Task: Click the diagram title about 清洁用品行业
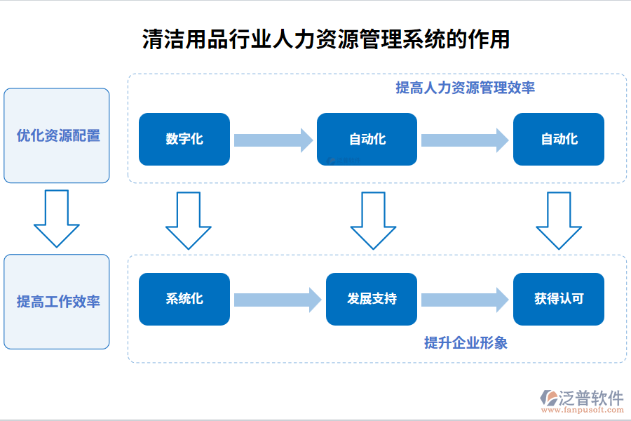325,39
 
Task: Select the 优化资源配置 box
57,135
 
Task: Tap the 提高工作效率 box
57,302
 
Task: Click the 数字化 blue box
184,139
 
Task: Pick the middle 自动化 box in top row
367,139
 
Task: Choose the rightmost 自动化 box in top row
559,139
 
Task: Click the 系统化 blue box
184,299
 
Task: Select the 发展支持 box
372,299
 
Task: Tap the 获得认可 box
559,299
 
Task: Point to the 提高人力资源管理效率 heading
465,88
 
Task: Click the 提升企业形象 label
466,343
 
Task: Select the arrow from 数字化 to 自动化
273,140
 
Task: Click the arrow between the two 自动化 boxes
464,140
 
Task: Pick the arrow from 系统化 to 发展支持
277,300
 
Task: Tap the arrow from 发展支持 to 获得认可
464,300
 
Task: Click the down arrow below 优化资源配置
57,218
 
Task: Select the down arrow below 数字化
188,220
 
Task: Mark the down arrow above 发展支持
373,220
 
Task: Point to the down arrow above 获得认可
559,220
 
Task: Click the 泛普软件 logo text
590,398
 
